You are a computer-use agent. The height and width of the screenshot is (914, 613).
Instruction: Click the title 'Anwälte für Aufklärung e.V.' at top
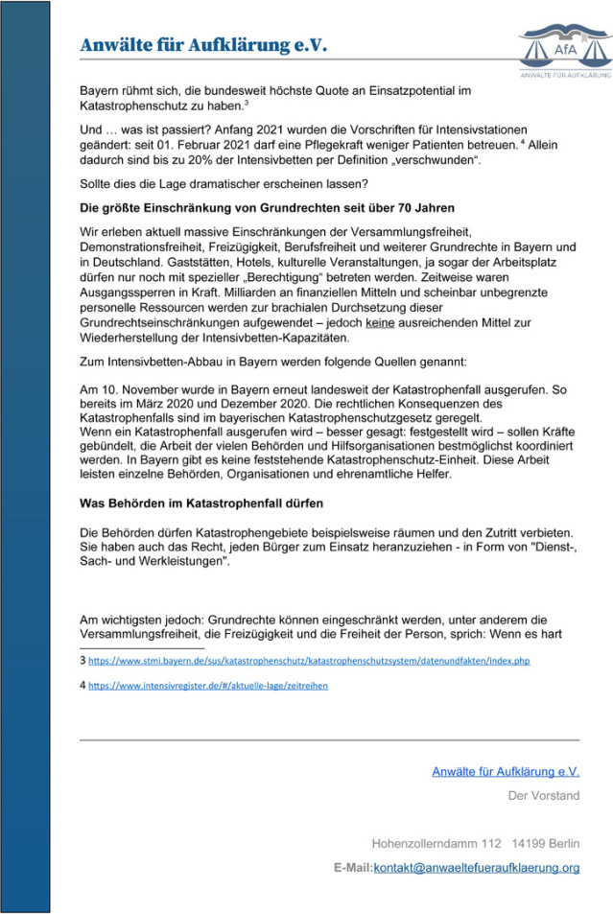click(203, 45)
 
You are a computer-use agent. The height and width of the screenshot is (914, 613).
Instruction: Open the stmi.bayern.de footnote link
click(309, 661)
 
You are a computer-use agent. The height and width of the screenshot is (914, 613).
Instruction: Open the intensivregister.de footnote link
click(208, 685)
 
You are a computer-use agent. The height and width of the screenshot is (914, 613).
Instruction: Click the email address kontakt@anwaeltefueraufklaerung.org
click(476, 867)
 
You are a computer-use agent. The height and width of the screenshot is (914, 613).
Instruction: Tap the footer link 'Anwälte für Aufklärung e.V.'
click(506, 770)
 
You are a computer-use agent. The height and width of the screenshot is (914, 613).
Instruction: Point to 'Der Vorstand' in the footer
click(543, 795)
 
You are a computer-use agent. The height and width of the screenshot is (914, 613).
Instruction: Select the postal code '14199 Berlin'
click(546, 844)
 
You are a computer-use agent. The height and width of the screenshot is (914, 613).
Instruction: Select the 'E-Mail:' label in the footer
click(352, 867)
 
